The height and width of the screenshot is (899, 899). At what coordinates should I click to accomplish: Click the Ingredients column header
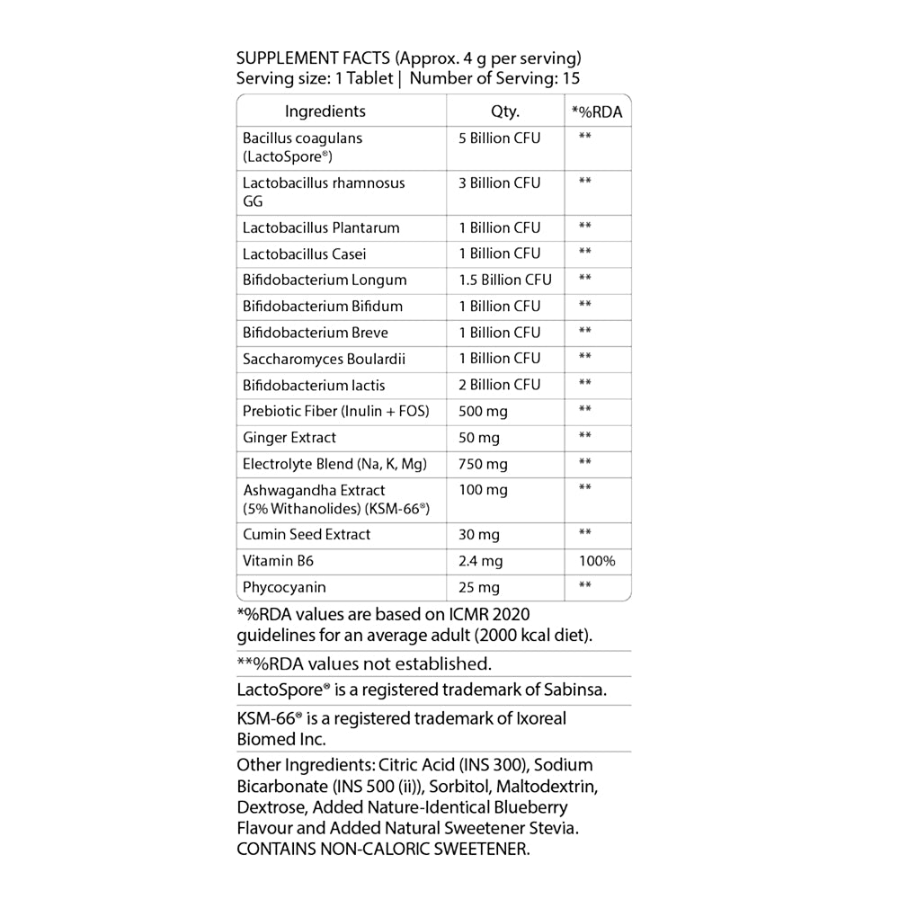(x=325, y=111)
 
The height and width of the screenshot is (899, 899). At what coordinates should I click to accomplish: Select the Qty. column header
(x=505, y=111)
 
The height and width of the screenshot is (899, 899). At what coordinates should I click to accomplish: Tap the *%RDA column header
(x=597, y=112)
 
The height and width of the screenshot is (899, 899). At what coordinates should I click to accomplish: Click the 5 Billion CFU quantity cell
(x=499, y=138)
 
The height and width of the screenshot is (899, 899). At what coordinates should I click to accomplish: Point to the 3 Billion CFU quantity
(x=499, y=182)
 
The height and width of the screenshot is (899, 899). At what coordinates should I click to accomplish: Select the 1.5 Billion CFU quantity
(x=504, y=280)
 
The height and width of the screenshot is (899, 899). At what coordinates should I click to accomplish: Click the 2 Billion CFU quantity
(x=499, y=385)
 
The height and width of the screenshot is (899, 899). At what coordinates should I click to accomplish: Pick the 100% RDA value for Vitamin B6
(x=597, y=561)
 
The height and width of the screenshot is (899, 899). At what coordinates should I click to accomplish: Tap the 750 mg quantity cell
(x=483, y=464)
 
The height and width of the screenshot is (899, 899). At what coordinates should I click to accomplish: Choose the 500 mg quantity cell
(x=483, y=411)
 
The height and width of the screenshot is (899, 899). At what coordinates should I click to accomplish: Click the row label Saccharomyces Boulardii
(x=324, y=359)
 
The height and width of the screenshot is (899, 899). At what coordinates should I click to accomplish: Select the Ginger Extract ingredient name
(x=289, y=438)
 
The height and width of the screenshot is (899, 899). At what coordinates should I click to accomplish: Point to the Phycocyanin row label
(x=284, y=587)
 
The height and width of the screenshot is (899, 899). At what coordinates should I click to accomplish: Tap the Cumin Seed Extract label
(x=307, y=534)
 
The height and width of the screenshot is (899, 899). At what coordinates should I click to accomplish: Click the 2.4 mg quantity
(x=480, y=561)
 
